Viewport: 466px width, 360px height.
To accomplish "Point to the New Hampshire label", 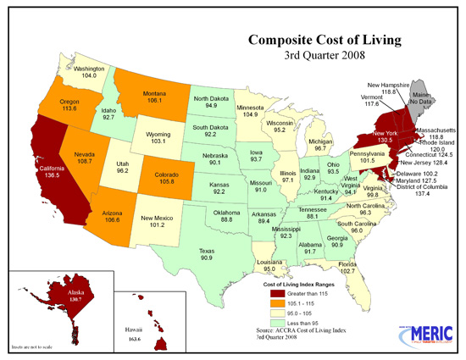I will click(x=387, y=86).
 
